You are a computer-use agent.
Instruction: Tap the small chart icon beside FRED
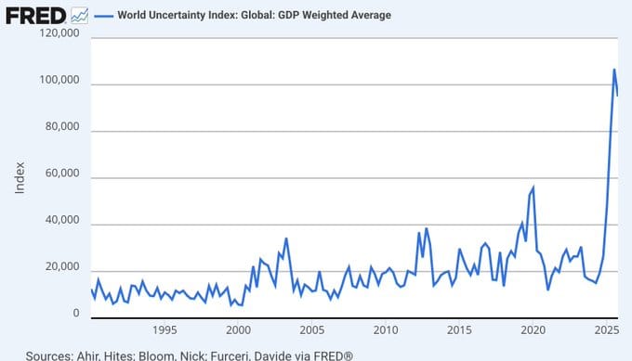point(81,15)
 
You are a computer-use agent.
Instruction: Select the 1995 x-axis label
point(165,330)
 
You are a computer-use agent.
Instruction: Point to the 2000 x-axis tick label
point(238,330)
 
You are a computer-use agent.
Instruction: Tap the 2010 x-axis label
point(385,330)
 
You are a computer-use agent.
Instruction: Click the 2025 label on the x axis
point(606,330)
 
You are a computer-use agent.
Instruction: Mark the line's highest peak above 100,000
point(613,70)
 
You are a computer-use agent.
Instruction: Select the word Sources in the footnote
point(48,355)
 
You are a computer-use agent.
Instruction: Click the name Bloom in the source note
point(173,355)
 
